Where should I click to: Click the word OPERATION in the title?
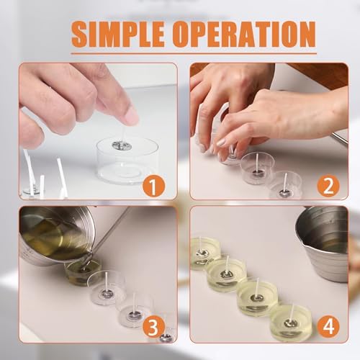(x=244, y=34)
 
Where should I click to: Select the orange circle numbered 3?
(x=154, y=326)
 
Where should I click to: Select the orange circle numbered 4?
(x=328, y=326)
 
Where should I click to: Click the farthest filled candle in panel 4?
(x=204, y=254)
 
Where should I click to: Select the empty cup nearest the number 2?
(x=285, y=186)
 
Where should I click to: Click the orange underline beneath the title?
(x=194, y=54)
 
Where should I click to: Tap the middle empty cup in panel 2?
(x=257, y=168)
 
